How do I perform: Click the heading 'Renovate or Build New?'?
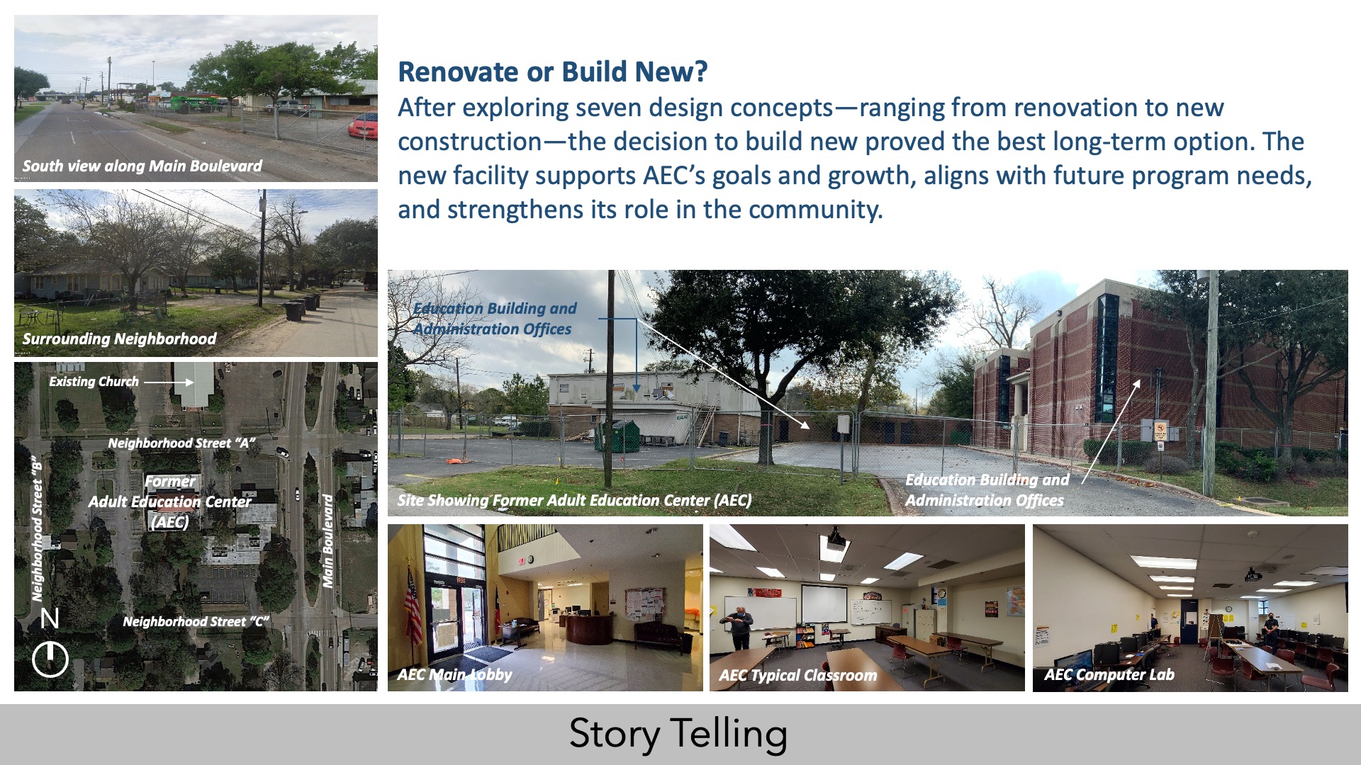[x=553, y=72]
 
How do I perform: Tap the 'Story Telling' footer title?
[x=678, y=734]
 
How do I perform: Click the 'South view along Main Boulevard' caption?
[x=142, y=166]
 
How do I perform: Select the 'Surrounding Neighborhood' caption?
[x=119, y=339]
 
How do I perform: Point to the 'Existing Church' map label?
[x=94, y=381]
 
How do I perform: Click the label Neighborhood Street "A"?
[x=181, y=443]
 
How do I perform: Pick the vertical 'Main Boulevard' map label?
[x=327, y=540]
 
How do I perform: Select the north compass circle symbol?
[x=50, y=659]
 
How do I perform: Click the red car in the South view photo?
[x=363, y=125]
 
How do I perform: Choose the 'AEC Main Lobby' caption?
[x=454, y=674]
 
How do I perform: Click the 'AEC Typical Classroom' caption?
[x=797, y=676]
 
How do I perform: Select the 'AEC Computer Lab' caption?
[x=1109, y=675]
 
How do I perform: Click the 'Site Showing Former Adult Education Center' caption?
[x=574, y=500]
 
